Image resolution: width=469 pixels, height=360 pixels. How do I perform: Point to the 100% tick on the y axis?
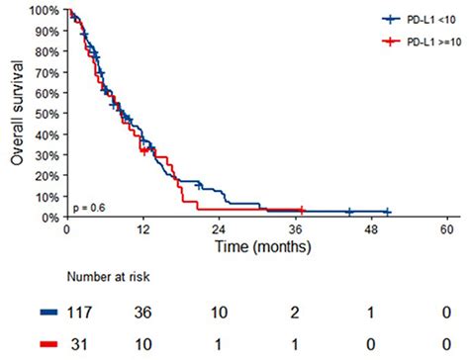[x=45, y=11]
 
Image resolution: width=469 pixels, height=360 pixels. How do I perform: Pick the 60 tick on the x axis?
[x=451, y=229]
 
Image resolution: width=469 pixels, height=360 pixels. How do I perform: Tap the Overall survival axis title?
[x=16, y=114]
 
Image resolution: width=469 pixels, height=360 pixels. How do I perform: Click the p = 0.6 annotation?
[x=90, y=207]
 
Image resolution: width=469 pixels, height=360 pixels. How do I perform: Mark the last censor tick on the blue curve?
[x=388, y=212]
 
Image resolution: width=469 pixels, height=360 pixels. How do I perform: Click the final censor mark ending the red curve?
[x=302, y=210]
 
